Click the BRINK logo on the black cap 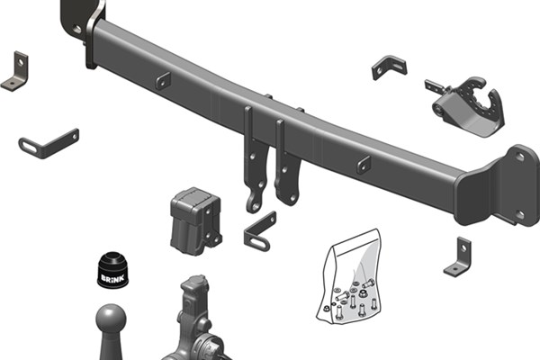[x=112, y=277]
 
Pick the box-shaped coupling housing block [x=195, y=220]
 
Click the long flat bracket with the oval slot [x=49, y=144]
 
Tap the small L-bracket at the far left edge [x=15, y=72]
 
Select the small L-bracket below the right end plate [x=458, y=256]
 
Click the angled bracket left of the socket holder [x=389, y=67]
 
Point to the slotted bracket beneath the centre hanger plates [x=259, y=232]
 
